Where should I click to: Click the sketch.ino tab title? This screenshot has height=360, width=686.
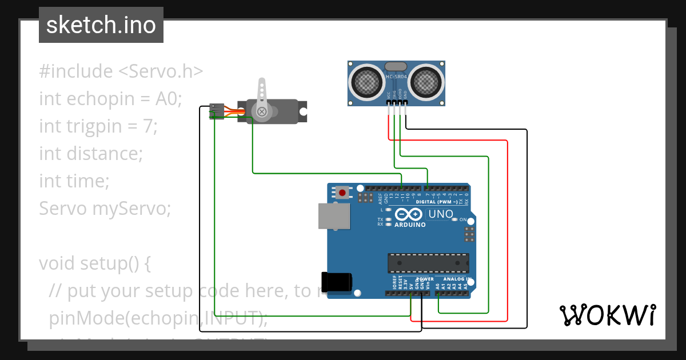[x=101, y=25]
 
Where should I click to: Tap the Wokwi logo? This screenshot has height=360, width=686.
[x=607, y=315]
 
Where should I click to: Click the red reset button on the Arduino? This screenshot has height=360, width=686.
[x=342, y=193]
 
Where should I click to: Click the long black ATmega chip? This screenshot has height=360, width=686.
[x=428, y=262]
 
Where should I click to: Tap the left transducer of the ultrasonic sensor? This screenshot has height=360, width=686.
[x=367, y=81]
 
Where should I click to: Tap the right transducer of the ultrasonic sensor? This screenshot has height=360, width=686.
[x=426, y=81]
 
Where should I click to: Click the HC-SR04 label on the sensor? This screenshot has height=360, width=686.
[x=396, y=77]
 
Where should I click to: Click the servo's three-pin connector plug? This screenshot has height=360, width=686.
[x=216, y=111]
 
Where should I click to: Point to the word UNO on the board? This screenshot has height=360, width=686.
[x=441, y=214]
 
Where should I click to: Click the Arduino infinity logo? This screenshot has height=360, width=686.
[x=409, y=215]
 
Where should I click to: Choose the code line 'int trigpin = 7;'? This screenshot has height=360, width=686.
[x=98, y=126]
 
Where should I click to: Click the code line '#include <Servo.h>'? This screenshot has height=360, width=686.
[x=121, y=71]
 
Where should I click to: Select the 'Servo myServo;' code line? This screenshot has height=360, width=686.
[x=105, y=209]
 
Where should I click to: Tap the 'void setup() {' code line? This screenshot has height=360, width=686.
[x=95, y=263]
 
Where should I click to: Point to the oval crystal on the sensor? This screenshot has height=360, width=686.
[x=396, y=66]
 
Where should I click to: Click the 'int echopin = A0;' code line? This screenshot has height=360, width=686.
[x=110, y=99]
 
